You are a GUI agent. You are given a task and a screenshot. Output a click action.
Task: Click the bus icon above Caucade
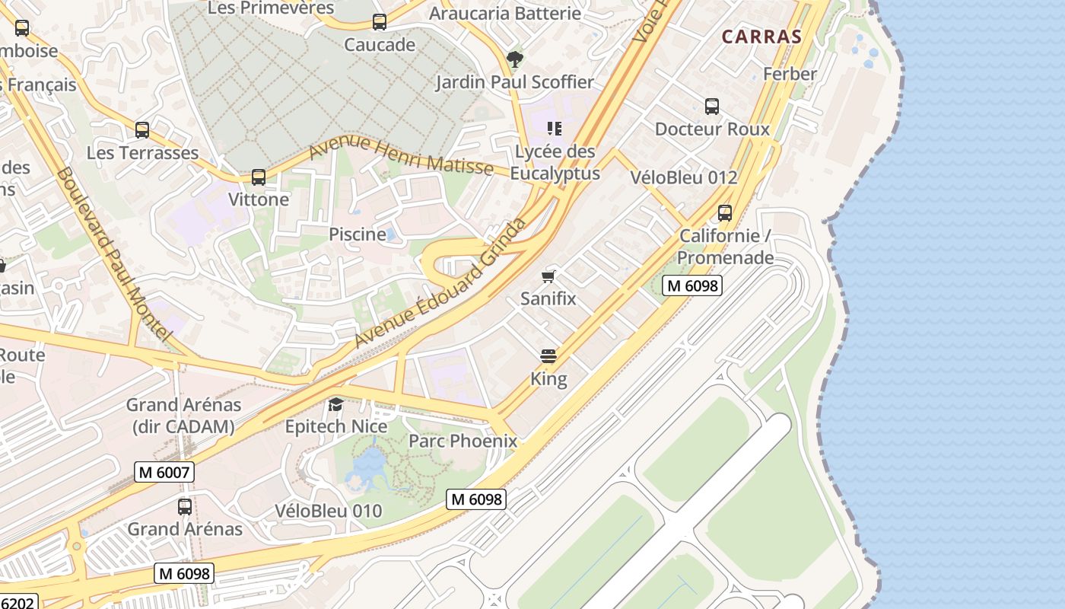coord(380,22)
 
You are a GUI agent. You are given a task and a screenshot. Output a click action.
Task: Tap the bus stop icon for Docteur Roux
coord(712,107)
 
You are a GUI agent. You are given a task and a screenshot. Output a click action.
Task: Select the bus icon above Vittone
coord(259,177)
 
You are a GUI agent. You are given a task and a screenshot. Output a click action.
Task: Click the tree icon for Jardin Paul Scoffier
coord(515,59)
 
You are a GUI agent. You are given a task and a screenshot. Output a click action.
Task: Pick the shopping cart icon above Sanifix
coord(548,276)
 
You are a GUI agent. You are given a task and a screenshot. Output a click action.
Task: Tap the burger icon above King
coord(548,356)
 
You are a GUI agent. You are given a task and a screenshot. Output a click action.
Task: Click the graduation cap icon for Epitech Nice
coord(335,403)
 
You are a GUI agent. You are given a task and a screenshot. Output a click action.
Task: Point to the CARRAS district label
coord(761,37)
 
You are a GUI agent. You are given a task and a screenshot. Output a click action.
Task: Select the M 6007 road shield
coord(164,472)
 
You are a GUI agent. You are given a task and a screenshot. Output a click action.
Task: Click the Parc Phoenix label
coord(463,441)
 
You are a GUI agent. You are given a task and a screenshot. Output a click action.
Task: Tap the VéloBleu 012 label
coord(684,177)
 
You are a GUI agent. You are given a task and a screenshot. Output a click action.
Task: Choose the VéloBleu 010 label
coord(329,511)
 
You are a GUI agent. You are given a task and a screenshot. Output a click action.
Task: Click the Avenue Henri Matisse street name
coord(401,155)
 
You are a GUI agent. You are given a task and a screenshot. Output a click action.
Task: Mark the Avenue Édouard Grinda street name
coord(440,283)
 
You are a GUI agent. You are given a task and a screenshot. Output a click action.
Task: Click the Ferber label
coord(790,74)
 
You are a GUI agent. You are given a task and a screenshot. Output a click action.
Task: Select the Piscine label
coord(357,234)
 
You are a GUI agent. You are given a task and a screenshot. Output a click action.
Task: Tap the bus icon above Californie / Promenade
coord(725,213)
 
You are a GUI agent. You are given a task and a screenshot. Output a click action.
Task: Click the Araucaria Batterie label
coord(504,13)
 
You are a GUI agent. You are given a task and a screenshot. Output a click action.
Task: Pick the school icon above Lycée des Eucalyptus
coord(555,129)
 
